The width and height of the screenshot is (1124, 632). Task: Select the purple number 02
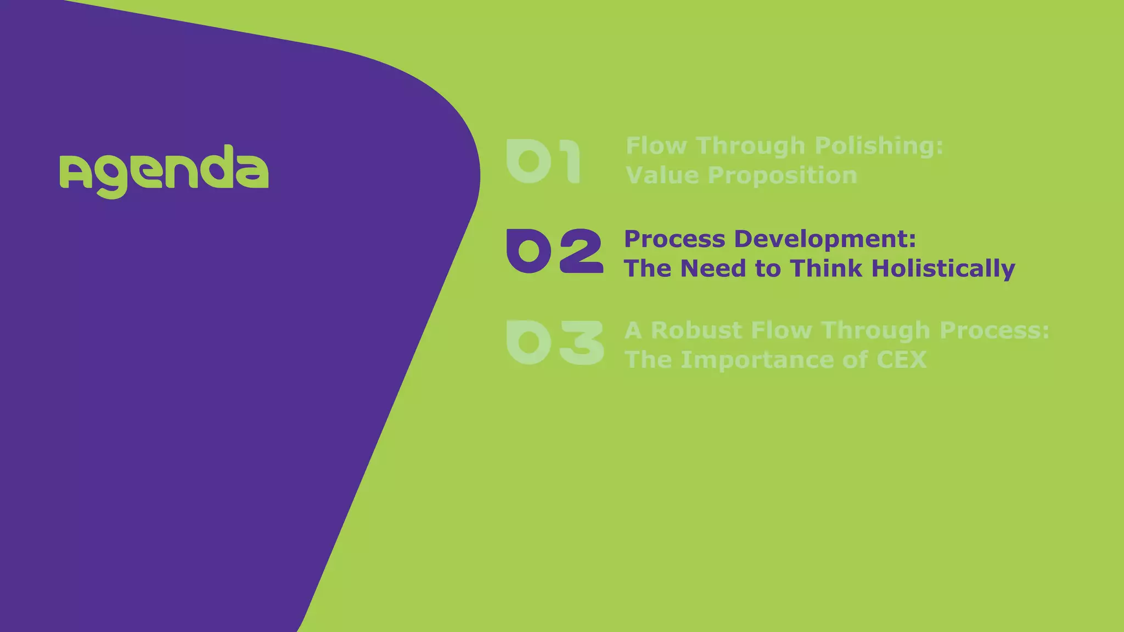click(554, 251)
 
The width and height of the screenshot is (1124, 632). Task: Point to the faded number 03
click(554, 342)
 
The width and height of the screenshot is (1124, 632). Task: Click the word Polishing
click(879, 146)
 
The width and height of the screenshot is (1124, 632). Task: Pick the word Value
click(663, 176)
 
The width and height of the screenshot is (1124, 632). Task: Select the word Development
click(825, 239)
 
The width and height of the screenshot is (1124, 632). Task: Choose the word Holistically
click(943, 269)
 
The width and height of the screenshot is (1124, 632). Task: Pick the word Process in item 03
click(994, 330)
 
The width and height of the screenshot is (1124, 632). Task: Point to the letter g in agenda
click(111, 178)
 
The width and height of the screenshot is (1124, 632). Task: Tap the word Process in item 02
click(675, 239)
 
